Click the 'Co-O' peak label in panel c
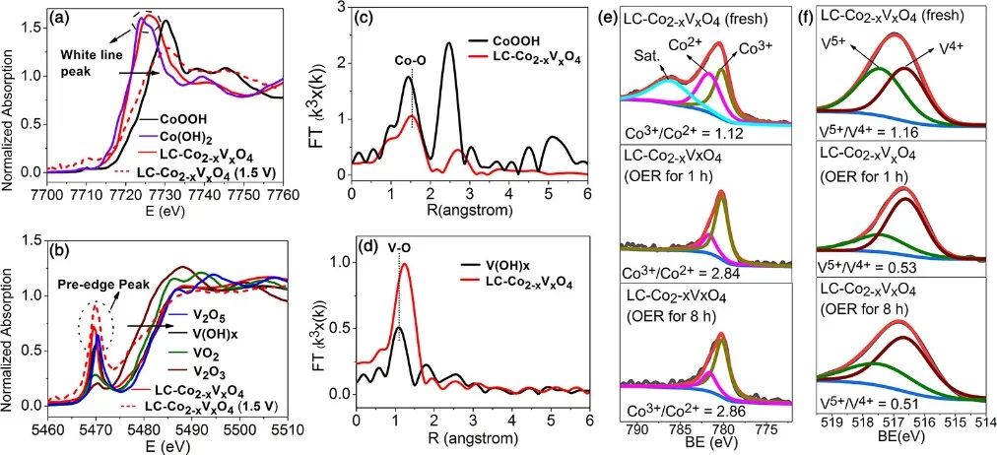pyautogui.click(x=410, y=59)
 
